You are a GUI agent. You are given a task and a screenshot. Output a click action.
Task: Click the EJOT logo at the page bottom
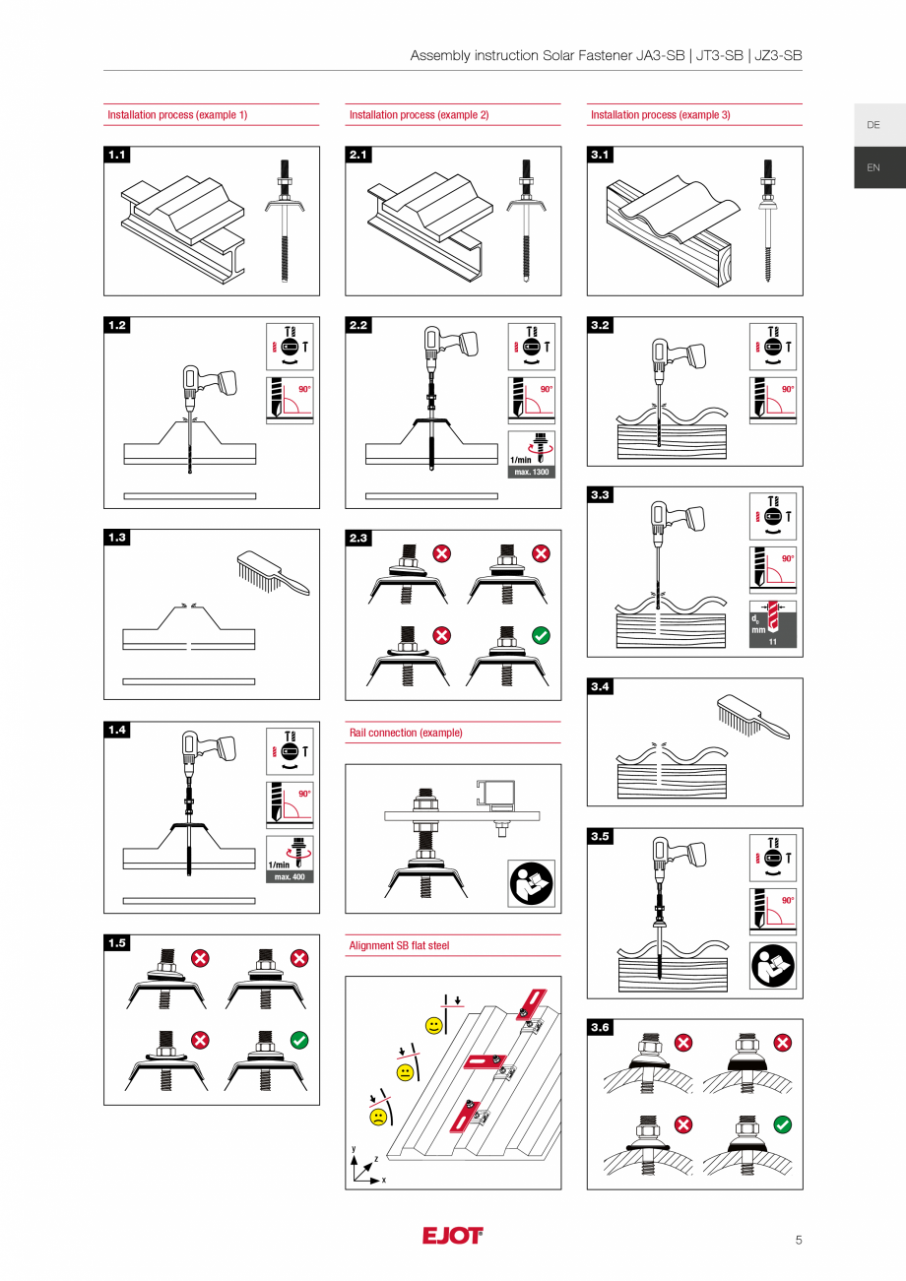coord(453,1236)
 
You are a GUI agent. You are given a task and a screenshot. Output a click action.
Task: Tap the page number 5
coord(799,1240)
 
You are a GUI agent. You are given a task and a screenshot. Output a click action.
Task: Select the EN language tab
coord(874,167)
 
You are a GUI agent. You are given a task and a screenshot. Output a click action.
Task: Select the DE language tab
coord(874,125)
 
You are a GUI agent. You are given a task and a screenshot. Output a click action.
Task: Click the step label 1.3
coord(118,538)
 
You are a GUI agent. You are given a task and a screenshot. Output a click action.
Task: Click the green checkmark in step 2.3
coord(541,636)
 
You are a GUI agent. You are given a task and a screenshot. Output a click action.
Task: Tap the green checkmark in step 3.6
coord(783,1123)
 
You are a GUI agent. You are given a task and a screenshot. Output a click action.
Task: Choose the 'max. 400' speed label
coord(291,876)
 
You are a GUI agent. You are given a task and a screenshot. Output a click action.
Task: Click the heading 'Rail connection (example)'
coord(406,733)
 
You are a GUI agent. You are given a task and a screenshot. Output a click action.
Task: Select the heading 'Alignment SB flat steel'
coord(399,945)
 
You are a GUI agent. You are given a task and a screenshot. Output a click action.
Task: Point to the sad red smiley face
coord(378,1117)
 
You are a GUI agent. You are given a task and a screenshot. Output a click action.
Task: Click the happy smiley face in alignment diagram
coord(433,1026)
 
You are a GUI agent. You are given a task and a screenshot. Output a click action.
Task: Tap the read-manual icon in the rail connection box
coord(532,883)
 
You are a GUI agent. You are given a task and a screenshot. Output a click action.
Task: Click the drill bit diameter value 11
coord(773,641)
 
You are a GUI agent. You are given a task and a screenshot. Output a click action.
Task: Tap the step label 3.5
coord(601,836)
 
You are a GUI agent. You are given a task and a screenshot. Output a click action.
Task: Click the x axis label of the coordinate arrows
coord(384,1180)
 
